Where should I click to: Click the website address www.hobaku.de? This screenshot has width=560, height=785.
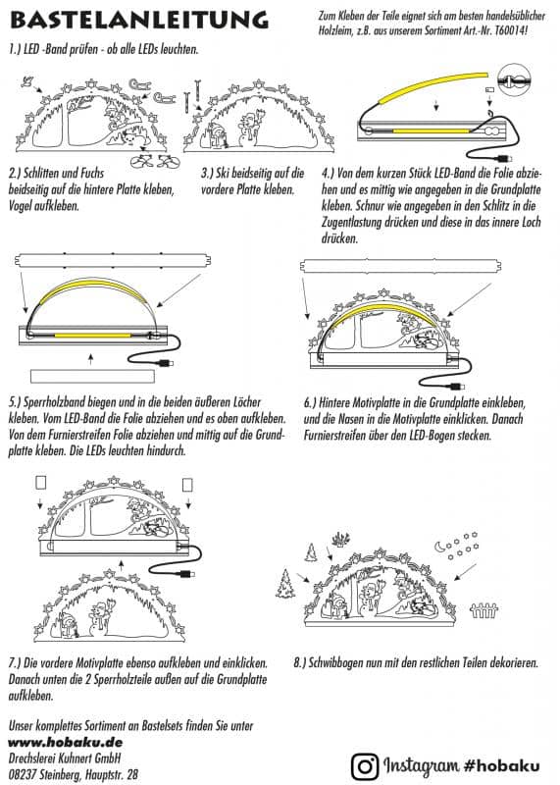tap(51, 745)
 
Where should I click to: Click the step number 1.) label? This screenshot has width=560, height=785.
tap(16, 48)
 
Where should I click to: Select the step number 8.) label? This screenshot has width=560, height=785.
tap(302, 662)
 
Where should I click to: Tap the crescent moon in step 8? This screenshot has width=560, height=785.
tap(437, 543)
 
